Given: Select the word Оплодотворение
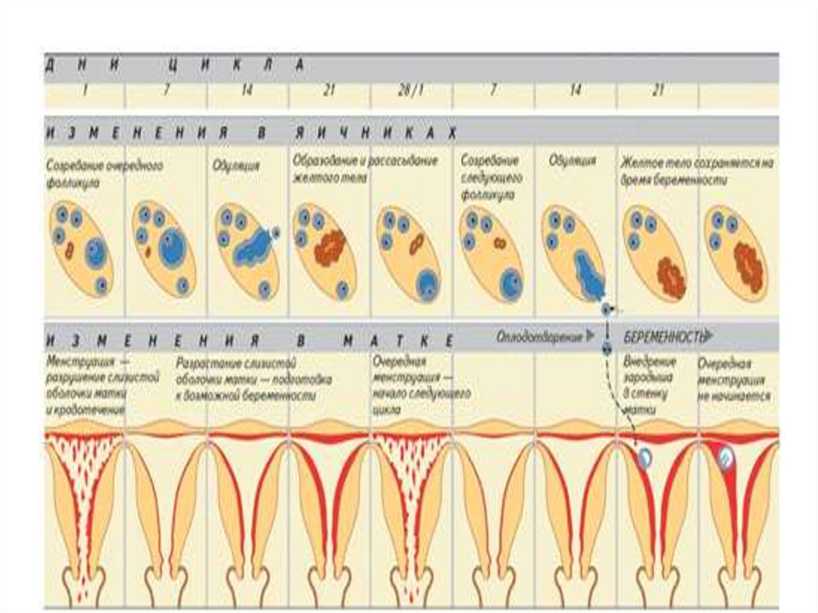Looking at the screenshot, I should pyautogui.click(x=539, y=336).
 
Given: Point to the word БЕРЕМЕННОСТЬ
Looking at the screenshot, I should pyautogui.click(x=662, y=336).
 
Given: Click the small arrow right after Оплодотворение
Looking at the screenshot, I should pyautogui.click(x=590, y=336).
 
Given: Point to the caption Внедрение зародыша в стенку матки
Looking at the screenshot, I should pyautogui.click(x=648, y=385).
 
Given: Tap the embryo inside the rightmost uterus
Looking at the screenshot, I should pyautogui.click(x=725, y=457).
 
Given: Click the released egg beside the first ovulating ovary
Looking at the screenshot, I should pyautogui.click(x=276, y=233).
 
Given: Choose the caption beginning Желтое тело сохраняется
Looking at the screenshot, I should pyautogui.click(x=697, y=170).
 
